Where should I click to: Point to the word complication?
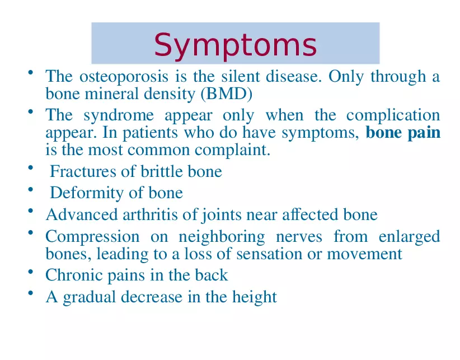[x=393, y=115]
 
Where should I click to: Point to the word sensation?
[x=264, y=254]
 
